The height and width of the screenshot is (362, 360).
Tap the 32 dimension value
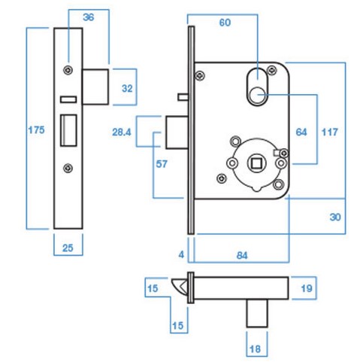point(127,88)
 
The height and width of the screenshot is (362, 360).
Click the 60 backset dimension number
point(225,23)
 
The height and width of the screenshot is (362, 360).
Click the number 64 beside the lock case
point(301,131)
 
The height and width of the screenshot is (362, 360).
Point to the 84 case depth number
point(240,255)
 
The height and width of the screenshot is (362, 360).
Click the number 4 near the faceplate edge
point(180,255)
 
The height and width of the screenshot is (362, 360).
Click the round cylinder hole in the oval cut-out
point(257,95)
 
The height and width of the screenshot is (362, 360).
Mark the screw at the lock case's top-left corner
point(201,73)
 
